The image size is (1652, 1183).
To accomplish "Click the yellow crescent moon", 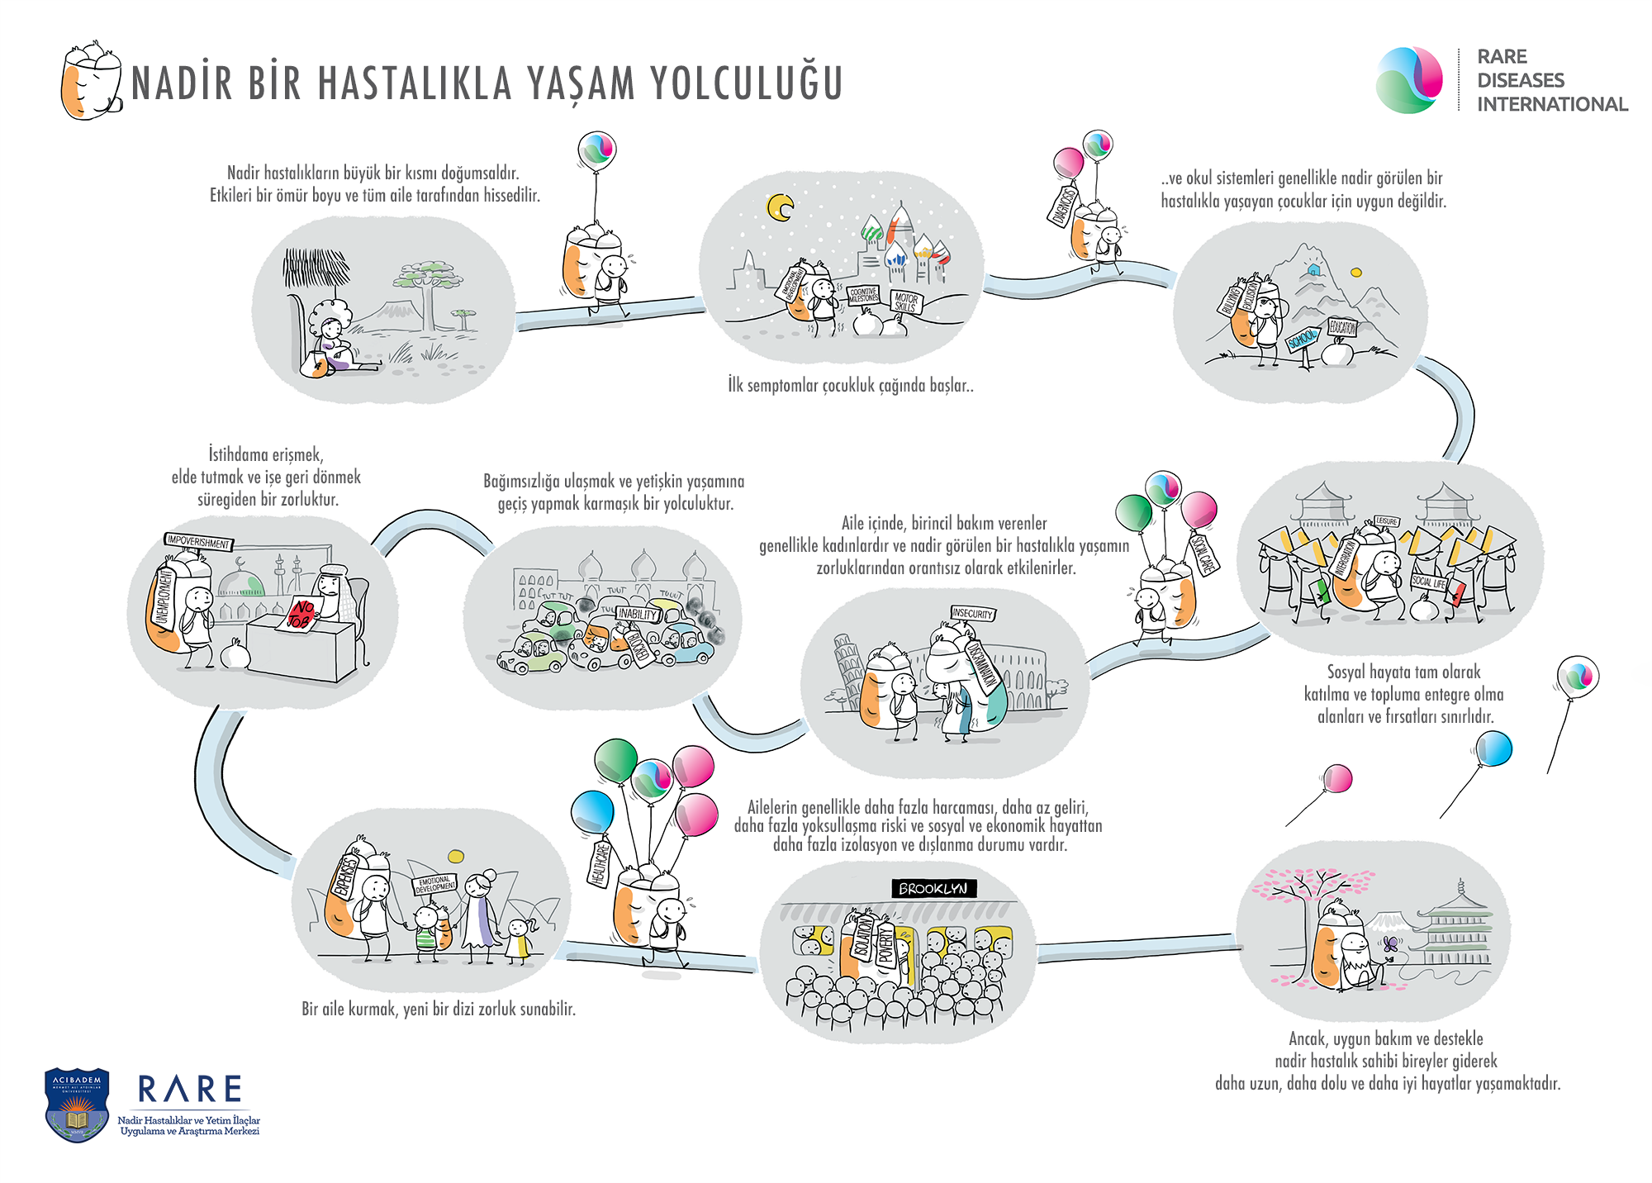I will [779, 207].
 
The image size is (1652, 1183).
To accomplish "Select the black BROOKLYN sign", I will [933, 888].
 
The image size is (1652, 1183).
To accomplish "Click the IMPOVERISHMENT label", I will [198, 543].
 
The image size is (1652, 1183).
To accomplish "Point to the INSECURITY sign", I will [972, 614].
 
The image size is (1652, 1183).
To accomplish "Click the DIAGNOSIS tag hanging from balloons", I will [1063, 206].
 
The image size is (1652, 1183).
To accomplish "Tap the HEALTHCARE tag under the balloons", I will [601, 864].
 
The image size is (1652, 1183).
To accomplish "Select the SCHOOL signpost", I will [1303, 339].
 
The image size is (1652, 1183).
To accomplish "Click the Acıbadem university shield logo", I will [77, 1104].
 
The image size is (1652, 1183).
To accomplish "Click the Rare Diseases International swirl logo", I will [1409, 80].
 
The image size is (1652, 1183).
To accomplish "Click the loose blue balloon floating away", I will [1493, 748].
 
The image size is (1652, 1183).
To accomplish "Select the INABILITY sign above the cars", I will [637, 614].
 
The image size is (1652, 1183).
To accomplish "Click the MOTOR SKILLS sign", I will [905, 302].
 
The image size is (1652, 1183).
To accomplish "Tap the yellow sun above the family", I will [454, 856].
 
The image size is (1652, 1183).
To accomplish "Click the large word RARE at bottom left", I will [190, 1090].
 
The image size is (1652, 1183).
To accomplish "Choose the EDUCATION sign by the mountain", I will [1342, 328].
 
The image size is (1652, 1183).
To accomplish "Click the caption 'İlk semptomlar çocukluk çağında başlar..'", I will [850, 386].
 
